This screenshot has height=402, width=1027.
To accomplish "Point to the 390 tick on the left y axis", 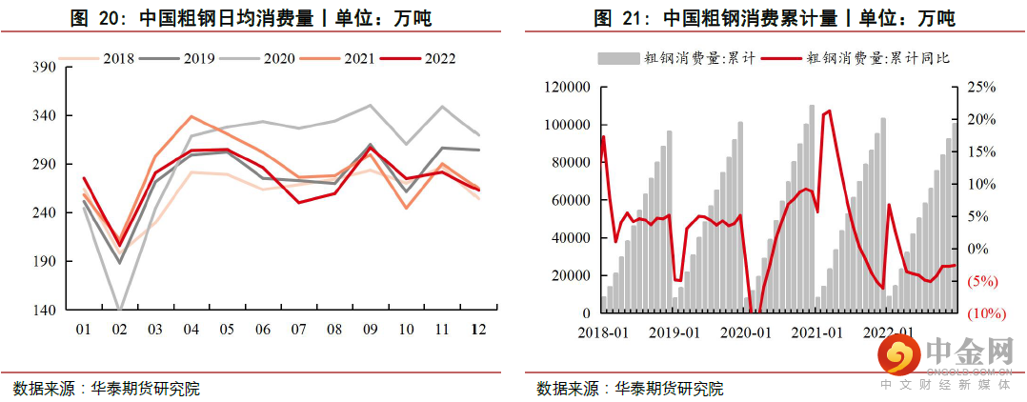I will pyautogui.click(x=44, y=68).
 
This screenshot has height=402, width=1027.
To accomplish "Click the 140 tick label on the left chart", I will pyautogui.click(x=44, y=311).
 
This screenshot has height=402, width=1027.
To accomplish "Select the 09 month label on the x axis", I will pyautogui.click(x=371, y=329).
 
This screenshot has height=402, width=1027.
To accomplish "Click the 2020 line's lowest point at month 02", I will pyautogui.click(x=120, y=309).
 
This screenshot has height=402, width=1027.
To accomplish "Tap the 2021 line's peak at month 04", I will pyautogui.click(x=191, y=116).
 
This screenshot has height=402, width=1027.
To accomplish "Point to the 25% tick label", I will pyautogui.click(x=981, y=88).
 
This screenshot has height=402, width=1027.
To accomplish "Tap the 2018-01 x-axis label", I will pyautogui.click(x=602, y=332).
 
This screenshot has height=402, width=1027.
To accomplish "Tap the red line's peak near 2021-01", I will pyautogui.click(x=829, y=111).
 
